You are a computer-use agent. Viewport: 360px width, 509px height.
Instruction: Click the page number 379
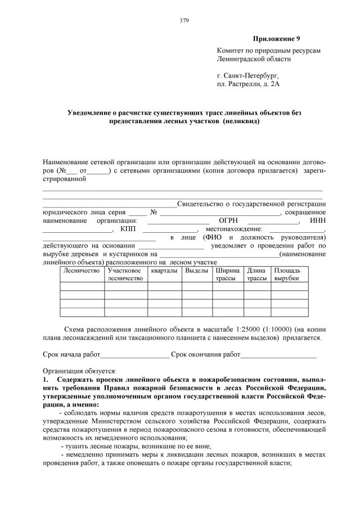[184, 21]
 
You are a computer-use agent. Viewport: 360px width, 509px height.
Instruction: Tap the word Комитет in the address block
[232, 51]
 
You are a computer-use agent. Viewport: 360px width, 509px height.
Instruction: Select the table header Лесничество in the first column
[82, 271]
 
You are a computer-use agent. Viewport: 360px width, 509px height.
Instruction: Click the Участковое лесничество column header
[125, 274]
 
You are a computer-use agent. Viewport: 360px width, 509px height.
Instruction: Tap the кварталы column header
[165, 271]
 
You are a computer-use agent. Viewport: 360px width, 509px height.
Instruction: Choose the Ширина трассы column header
[227, 274]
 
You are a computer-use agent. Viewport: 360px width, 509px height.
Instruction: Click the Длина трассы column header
[256, 274]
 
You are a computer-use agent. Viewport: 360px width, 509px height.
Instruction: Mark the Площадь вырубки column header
[287, 274]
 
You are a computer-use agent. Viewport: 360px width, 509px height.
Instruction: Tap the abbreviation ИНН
[318, 220]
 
